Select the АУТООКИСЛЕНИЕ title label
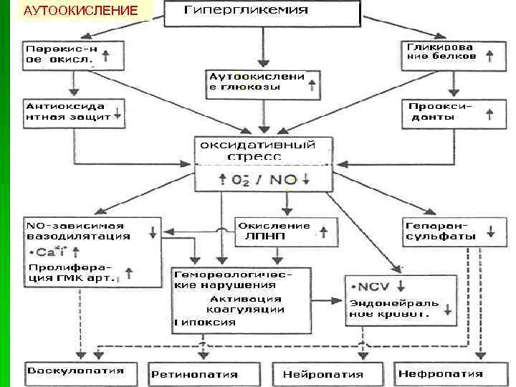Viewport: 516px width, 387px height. (80, 11)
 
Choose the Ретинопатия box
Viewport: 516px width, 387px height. (204, 374)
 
